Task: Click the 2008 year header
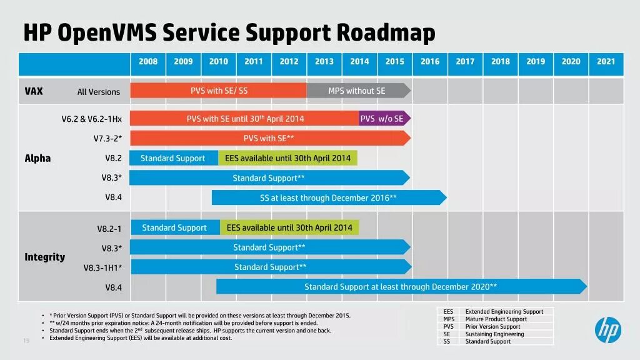click(x=148, y=62)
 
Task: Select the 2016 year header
click(x=430, y=62)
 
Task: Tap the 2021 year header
click(x=606, y=62)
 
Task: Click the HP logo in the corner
click(x=607, y=329)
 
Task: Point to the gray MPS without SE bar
click(x=357, y=91)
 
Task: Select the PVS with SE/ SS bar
click(x=219, y=91)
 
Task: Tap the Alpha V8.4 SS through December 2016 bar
click(x=328, y=198)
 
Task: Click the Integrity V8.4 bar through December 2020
click(x=401, y=287)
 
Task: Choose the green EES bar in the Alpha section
click(x=288, y=158)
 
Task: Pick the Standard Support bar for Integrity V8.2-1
click(x=174, y=227)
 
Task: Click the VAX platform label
click(x=34, y=91)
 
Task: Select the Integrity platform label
click(x=44, y=257)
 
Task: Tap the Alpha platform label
click(x=37, y=158)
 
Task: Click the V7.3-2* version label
click(x=107, y=138)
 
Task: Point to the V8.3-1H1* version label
click(x=102, y=268)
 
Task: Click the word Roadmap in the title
click(x=386, y=32)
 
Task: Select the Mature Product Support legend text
click(x=496, y=319)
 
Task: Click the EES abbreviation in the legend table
click(x=448, y=312)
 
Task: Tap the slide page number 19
click(x=26, y=341)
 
